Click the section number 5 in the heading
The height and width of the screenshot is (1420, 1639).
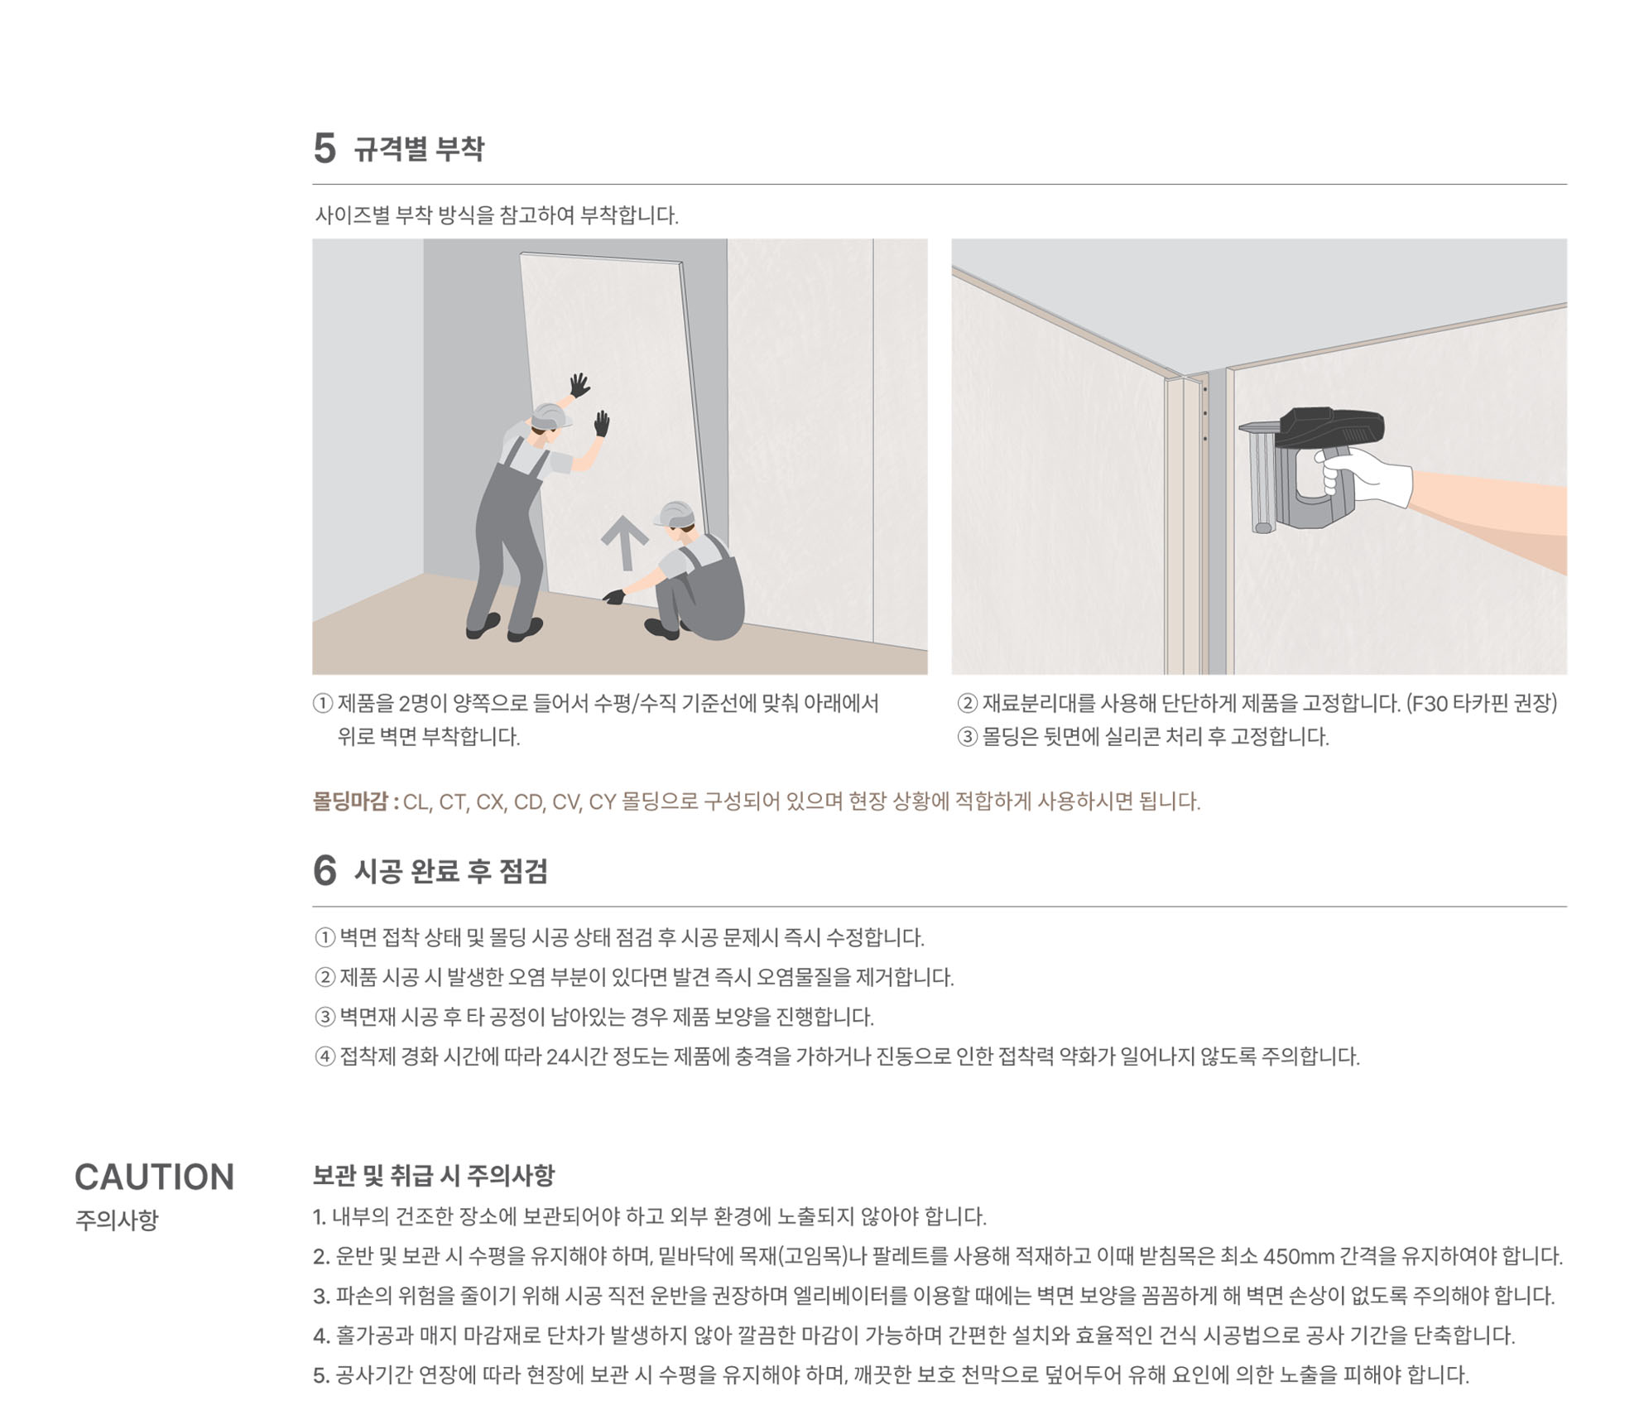pos(324,149)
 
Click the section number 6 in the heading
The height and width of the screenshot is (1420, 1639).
pos(324,870)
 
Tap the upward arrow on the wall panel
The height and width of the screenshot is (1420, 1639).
pos(625,542)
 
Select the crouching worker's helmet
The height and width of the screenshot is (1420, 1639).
pos(675,513)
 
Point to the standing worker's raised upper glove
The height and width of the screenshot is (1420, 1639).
pos(579,385)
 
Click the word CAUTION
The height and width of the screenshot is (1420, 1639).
pos(155,1177)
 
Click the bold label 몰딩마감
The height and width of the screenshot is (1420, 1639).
pos(350,801)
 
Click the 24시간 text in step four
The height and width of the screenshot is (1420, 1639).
pos(577,1057)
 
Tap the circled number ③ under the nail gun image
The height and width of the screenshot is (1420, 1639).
pos(967,737)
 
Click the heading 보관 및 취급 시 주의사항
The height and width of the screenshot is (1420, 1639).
pos(434,1175)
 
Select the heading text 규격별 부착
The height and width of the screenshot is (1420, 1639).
pos(419,149)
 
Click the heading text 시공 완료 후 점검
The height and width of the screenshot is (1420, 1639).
pos(451,871)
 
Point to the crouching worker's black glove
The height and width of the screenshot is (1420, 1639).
pos(614,596)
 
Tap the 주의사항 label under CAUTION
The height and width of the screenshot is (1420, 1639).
pos(117,1220)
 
